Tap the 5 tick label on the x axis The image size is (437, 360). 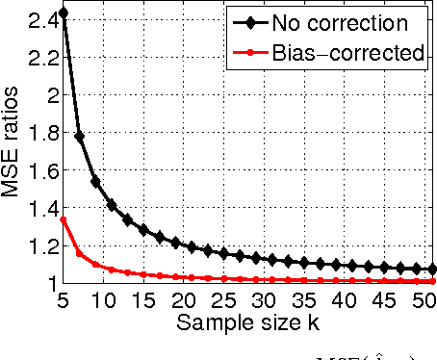[x=64, y=298]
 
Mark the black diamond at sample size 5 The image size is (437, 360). [x=64, y=13]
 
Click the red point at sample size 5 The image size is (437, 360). [x=64, y=219]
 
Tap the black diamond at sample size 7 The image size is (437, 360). [x=79, y=137]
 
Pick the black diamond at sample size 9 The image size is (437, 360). [x=95, y=181]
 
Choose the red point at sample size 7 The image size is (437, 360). [x=79, y=253]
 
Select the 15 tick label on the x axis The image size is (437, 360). [x=145, y=298]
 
